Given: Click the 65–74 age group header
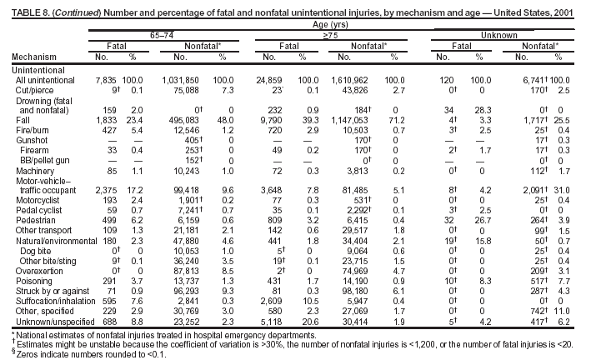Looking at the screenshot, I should click(x=157, y=33).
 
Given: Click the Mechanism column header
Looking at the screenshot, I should click(x=30, y=57).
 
